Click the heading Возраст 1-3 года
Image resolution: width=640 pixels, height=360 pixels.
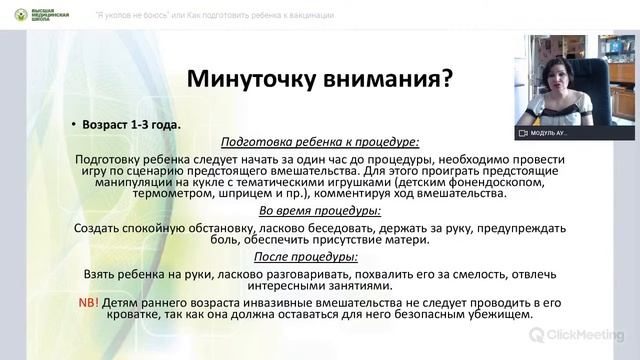139,125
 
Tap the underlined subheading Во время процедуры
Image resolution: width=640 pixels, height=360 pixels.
319,212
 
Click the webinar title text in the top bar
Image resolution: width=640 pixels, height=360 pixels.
215,15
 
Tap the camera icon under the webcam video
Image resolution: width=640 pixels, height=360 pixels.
522,132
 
